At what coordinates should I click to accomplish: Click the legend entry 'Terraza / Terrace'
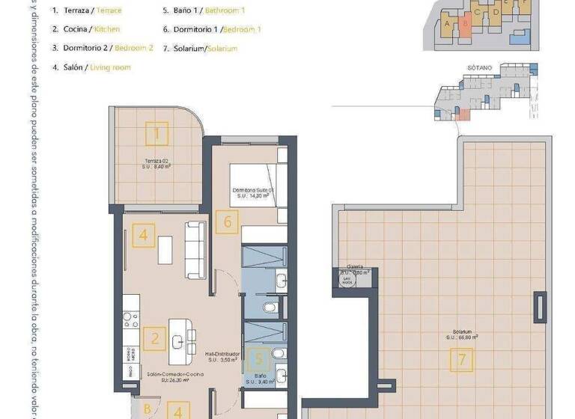coord(87,10)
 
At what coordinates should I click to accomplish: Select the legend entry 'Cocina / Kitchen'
coord(85,29)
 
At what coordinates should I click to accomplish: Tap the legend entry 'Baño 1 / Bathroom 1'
coord(203,10)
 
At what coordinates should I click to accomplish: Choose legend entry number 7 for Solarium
coord(200,48)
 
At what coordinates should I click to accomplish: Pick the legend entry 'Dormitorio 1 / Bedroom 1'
coord(212,29)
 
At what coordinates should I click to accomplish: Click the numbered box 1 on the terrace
coord(156,134)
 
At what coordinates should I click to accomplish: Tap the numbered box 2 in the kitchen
coord(154,339)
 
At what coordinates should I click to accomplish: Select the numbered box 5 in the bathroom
coord(258,359)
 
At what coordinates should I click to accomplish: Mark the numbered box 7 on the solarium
coord(462,361)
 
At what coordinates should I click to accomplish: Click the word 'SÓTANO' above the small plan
coord(480,67)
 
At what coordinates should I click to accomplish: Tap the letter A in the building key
coord(448,23)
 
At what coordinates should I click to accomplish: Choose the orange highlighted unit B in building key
coord(465,23)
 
